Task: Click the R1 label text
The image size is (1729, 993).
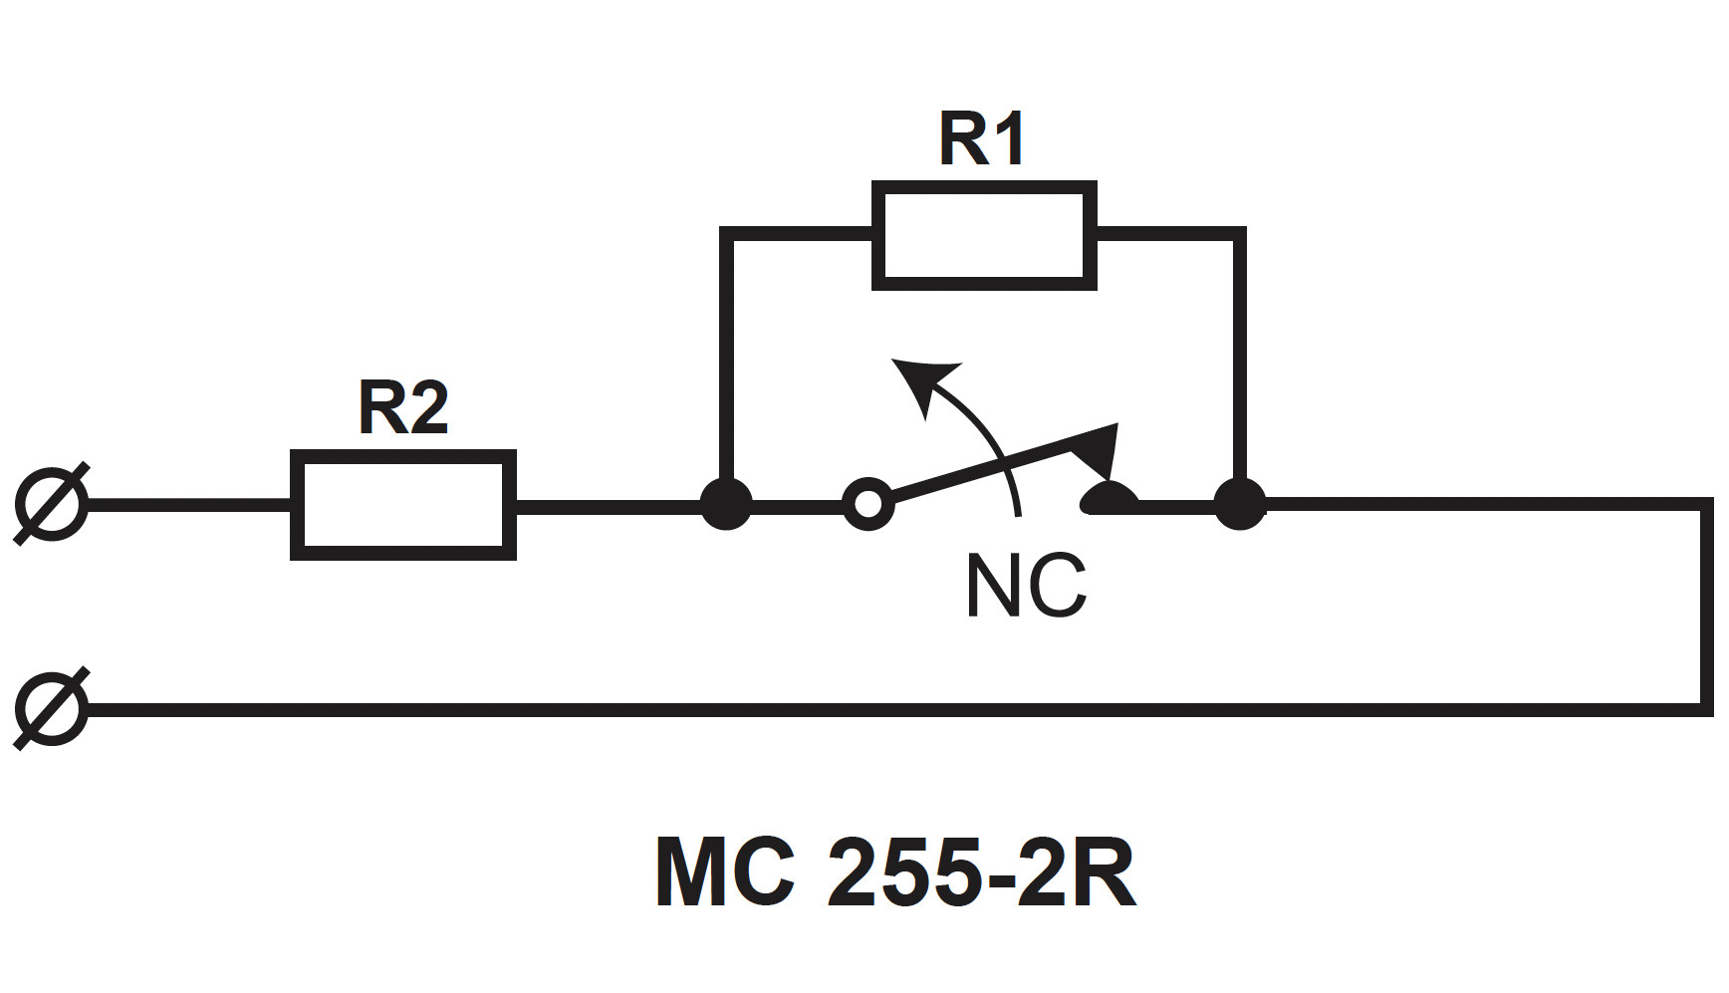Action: pyautogui.click(x=982, y=139)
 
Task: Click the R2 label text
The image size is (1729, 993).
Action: pyautogui.click(x=403, y=408)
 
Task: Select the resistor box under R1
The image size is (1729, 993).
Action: pyautogui.click(x=984, y=235)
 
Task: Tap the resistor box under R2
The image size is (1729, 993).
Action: pyautogui.click(x=403, y=505)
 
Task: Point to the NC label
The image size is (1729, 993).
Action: pyautogui.click(x=1026, y=586)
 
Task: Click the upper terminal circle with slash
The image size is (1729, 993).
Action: pyautogui.click(x=52, y=504)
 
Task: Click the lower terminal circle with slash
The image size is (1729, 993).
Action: pyautogui.click(x=52, y=708)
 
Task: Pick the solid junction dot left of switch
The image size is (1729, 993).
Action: pyautogui.click(x=727, y=504)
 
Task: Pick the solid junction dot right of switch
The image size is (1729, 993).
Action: pyautogui.click(x=1240, y=504)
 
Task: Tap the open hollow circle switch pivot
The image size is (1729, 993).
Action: pyautogui.click(x=868, y=504)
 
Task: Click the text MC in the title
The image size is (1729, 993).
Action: pyautogui.click(x=725, y=872)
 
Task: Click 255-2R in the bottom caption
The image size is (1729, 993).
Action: pyautogui.click(x=982, y=872)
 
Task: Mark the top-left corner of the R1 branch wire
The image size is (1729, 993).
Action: pyautogui.click(x=727, y=234)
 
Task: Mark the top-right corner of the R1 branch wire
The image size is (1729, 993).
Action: pyautogui.click(x=1240, y=234)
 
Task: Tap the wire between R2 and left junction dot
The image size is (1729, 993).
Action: pyautogui.click(x=610, y=505)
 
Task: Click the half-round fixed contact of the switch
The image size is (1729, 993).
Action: pyautogui.click(x=1110, y=498)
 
